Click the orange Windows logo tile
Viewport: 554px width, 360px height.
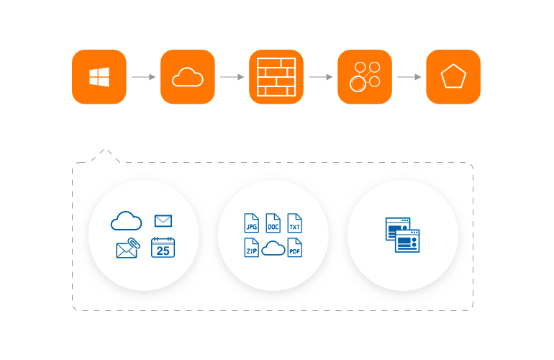click(99, 77)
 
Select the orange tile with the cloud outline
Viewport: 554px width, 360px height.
click(188, 77)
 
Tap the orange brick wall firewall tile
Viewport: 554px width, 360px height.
click(276, 77)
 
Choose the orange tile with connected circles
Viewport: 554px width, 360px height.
click(365, 77)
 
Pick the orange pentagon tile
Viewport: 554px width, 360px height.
click(453, 77)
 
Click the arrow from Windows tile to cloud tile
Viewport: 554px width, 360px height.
click(144, 77)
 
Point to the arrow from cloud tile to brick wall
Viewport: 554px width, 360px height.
click(232, 77)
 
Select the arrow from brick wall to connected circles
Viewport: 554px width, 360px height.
click(321, 77)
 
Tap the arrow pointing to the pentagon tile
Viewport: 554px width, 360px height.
click(409, 77)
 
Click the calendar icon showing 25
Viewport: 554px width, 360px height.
click(163, 248)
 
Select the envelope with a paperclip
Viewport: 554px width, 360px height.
click(127, 248)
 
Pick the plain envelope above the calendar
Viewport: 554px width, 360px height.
click(163, 221)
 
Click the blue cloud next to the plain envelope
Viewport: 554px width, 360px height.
click(126, 221)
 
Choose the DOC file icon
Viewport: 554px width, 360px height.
click(273, 222)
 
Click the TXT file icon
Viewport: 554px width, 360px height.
click(295, 222)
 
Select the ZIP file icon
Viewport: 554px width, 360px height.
click(251, 248)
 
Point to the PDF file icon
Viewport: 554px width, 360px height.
click(295, 248)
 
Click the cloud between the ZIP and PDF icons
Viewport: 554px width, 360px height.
click(273, 249)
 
